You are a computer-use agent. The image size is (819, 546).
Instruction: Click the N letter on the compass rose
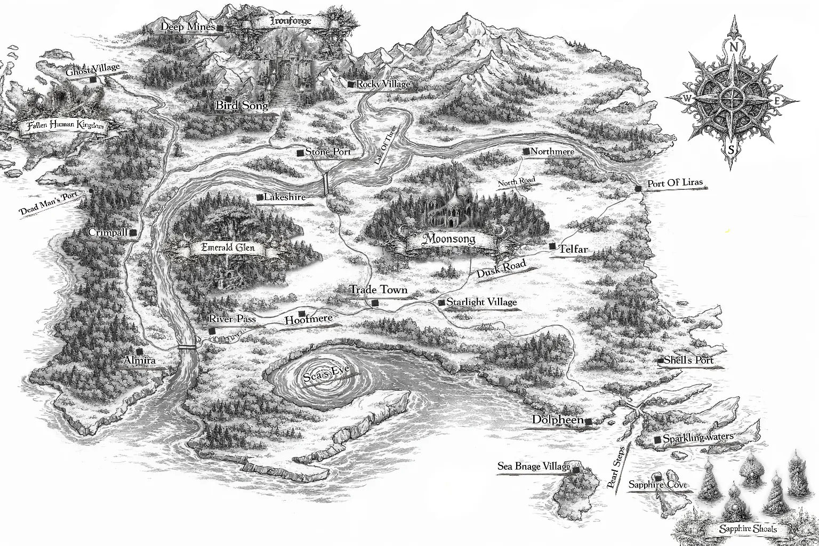pos(734,47)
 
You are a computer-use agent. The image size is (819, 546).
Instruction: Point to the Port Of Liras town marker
pos(639,189)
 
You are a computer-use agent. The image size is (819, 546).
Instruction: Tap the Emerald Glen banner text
pos(228,247)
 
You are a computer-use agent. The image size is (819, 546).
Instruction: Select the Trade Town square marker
pos(375,303)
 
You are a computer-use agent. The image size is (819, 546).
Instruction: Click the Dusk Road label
pos(501,268)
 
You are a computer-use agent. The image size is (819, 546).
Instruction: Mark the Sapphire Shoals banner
pos(748,529)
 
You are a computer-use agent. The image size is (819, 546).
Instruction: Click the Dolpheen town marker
pos(588,422)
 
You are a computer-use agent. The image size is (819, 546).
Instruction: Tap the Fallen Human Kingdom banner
pos(62,126)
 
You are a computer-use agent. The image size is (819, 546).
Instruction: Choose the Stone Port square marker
pos(300,153)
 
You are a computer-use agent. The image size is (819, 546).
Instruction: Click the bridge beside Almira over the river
pos(187,347)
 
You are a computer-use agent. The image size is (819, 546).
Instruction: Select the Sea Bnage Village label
pos(533,467)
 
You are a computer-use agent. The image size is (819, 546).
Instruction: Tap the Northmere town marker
pos(526,151)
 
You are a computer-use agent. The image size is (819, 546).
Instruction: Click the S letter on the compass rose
pos(731,150)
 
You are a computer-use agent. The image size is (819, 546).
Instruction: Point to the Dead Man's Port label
pos(48,204)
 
